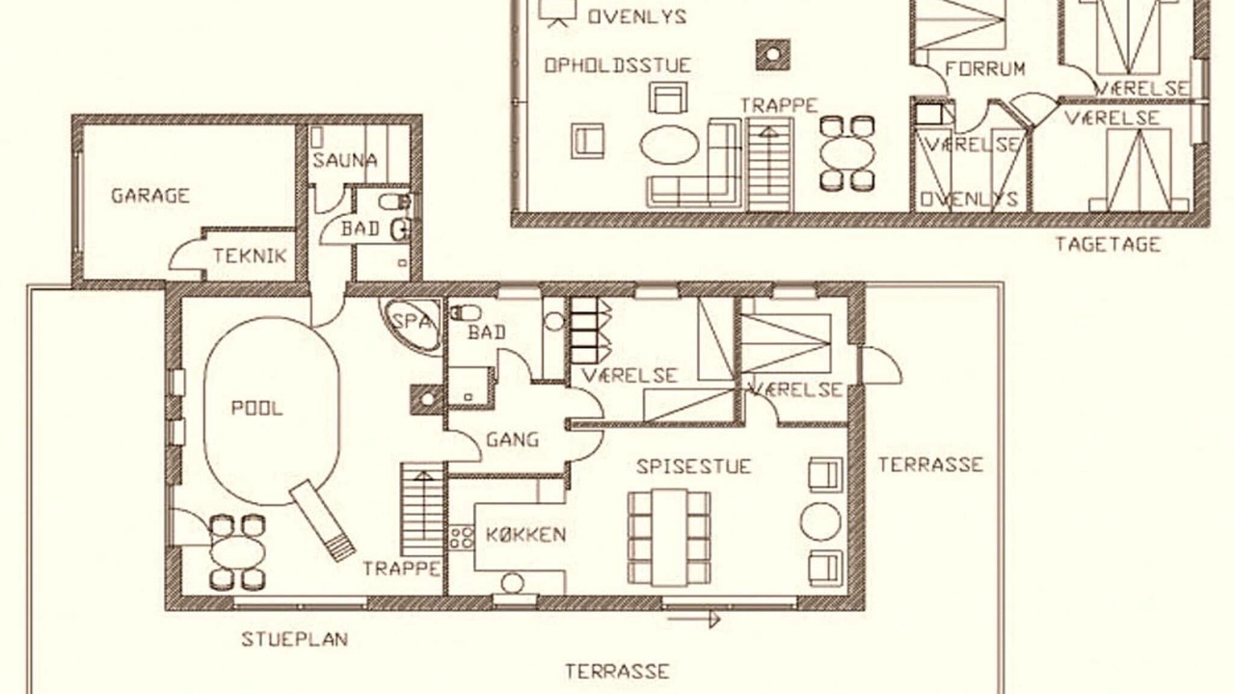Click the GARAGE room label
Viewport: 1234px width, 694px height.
(x=150, y=196)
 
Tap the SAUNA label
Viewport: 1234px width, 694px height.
(x=345, y=160)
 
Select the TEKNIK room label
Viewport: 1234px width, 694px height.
(x=250, y=255)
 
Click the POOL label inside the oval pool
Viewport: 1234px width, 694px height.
(x=256, y=408)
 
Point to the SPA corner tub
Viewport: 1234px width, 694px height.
(x=412, y=326)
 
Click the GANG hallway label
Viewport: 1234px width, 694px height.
(x=512, y=440)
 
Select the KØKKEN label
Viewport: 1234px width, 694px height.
(x=525, y=534)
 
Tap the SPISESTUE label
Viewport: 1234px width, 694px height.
(x=693, y=467)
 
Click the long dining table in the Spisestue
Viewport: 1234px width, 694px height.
(x=669, y=537)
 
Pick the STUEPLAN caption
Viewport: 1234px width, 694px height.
(x=295, y=639)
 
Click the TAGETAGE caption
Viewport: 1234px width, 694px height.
(x=1108, y=244)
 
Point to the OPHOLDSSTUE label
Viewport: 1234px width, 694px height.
(x=618, y=66)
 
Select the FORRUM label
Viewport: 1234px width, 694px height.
(x=985, y=68)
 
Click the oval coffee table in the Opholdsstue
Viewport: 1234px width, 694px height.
(x=669, y=145)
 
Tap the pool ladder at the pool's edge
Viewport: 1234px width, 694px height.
(x=322, y=520)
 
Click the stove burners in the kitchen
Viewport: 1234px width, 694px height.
(x=461, y=538)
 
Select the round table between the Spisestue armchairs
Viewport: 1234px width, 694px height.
(x=820, y=521)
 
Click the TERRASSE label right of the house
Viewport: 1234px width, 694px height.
(x=930, y=465)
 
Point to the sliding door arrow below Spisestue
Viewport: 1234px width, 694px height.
(x=694, y=620)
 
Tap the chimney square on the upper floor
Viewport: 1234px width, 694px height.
(x=773, y=54)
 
